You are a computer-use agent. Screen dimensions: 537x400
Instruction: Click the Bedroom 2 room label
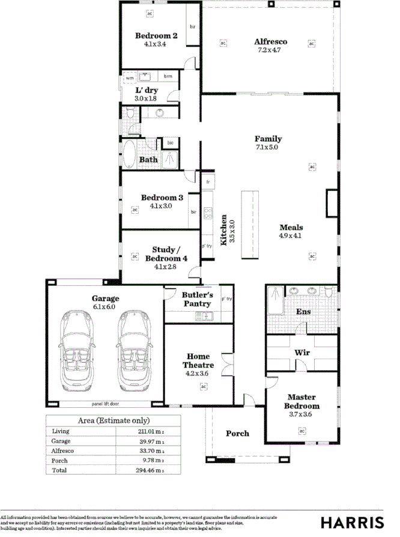(x=156, y=35)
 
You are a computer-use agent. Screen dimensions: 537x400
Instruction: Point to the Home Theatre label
(x=198, y=360)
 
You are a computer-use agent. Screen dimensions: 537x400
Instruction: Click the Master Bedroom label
(x=302, y=401)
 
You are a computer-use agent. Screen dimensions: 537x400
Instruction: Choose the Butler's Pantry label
(x=197, y=299)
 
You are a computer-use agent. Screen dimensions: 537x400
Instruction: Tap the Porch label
(x=237, y=433)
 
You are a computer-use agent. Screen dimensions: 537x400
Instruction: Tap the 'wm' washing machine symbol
(x=129, y=78)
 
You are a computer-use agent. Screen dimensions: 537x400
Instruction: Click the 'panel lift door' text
(x=105, y=404)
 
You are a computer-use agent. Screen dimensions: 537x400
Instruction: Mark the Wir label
(x=302, y=353)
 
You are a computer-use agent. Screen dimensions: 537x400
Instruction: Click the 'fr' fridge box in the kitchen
(x=208, y=181)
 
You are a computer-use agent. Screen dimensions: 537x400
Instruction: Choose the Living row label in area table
(x=61, y=431)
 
